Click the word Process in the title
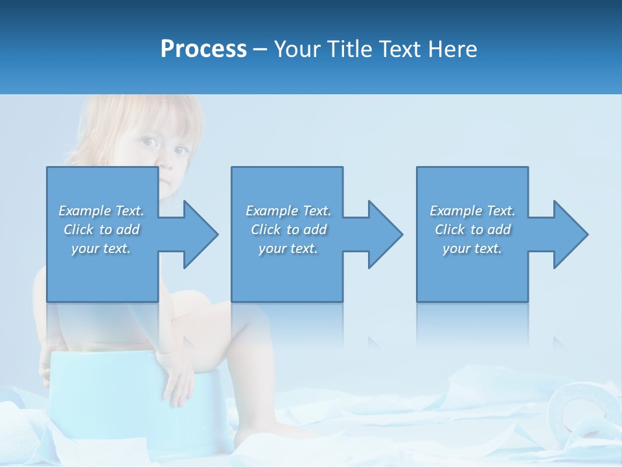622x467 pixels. tap(203, 49)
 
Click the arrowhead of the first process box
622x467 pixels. tap(198, 234)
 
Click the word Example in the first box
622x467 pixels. tap(85, 211)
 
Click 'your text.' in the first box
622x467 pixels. tap(101, 248)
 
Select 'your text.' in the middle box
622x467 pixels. tap(288, 248)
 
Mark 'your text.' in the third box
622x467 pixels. tap(472, 248)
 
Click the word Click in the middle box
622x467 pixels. tap(266, 230)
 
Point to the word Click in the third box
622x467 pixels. tap(450, 230)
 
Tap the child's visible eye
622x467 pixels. tap(148, 142)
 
